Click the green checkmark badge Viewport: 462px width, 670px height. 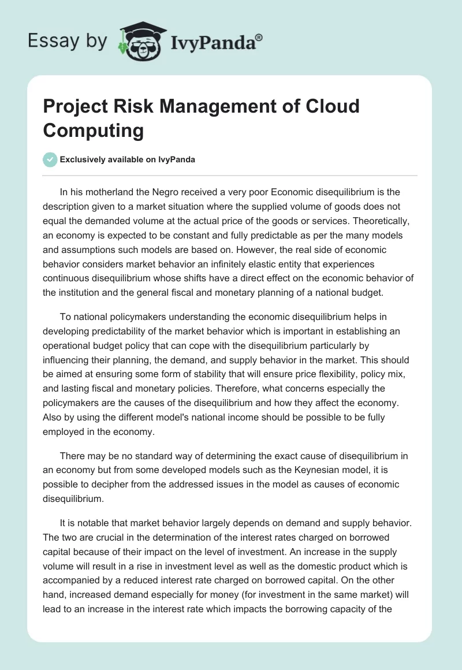click(x=50, y=159)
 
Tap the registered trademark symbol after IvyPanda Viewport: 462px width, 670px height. click(x=259, y=39)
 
